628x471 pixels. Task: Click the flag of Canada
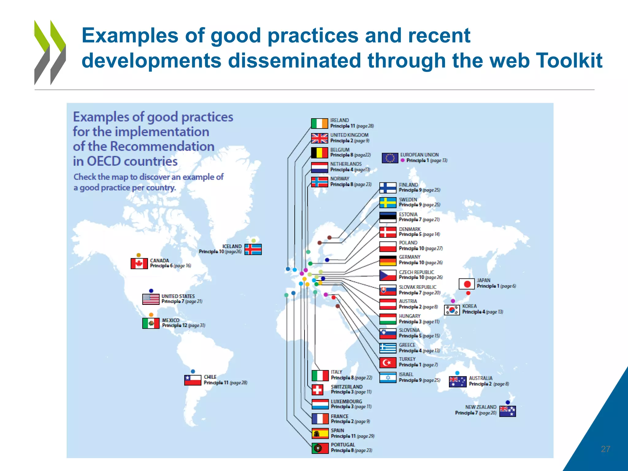coord(139,263)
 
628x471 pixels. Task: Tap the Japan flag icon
coord(467,284)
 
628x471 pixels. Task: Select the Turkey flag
coord(388,363)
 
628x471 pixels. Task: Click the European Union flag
coord(390,158)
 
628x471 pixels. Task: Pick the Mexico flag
coord(151,323)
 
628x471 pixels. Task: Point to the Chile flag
coord(193,380)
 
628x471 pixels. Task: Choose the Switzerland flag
coord(318,390)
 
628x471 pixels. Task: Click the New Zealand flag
coord(507,411)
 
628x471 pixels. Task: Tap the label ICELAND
coord(232,246)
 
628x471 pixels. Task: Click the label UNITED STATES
coord(178,296)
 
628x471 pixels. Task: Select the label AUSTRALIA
coord(481,378)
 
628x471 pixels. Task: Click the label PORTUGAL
coord(343,445)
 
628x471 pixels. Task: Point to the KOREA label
coord(469,306)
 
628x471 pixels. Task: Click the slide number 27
coord(605,449)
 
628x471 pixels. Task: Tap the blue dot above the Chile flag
coord(193,372)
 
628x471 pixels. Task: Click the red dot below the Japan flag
coord(468,293)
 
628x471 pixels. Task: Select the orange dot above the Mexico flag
coord(151,315)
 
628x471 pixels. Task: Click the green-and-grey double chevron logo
coord(50,52)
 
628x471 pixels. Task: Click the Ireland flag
coord(319,123)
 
